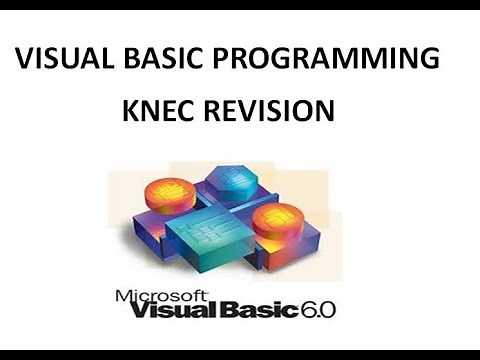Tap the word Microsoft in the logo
point(163,296)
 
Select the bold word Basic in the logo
point(256,313)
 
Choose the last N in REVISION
point(322,111)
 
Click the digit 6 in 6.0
point(305,311)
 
